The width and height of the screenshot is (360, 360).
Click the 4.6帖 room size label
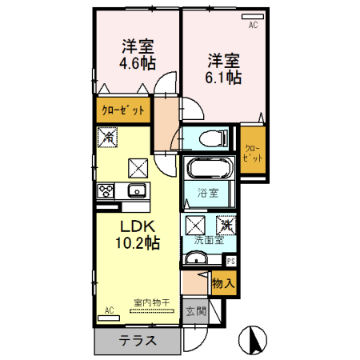point(138,63)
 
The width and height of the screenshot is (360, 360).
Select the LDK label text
point(137,226)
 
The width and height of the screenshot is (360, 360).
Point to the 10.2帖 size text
point(137,242)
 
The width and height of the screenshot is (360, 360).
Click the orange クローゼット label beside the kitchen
point(122,110)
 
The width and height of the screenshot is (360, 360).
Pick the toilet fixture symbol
point(211,138)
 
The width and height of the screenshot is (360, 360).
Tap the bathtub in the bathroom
point(210,170)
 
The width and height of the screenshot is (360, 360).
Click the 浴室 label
point(210,193)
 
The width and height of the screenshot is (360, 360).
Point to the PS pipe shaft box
point(231,261)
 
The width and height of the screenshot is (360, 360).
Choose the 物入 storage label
point(223,282)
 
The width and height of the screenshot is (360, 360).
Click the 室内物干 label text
point(150,302)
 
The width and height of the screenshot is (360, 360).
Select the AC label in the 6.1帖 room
point(252,25)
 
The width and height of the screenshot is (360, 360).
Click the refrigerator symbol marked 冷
point(106,138)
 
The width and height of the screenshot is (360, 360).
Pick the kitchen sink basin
point(134,191)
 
